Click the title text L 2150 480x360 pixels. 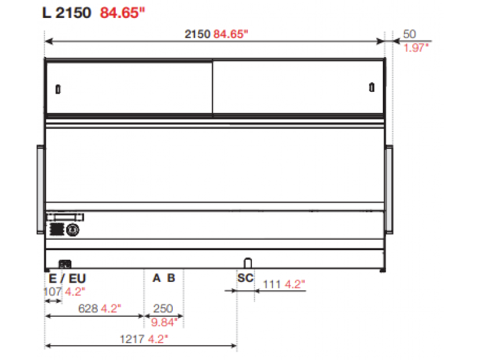point(67,13)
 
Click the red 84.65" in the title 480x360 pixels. point(122,13)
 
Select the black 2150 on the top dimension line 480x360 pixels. point(197,34)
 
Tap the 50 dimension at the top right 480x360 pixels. point(409,34)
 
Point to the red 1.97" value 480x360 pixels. point(416,48)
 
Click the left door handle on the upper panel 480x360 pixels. point(58,89)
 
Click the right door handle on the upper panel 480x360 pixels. point(371,87)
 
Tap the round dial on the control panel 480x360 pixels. point(73,230)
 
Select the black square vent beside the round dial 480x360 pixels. point(56,229)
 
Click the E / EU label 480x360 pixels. point(67,278)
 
